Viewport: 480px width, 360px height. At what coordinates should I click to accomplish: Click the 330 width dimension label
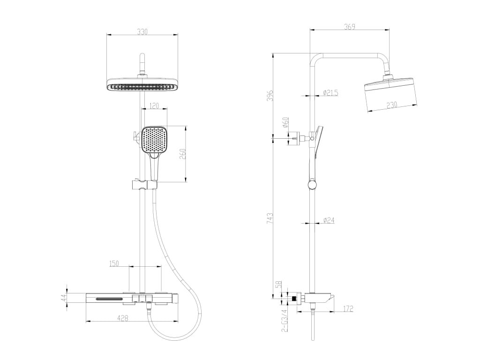(x=142, y=31)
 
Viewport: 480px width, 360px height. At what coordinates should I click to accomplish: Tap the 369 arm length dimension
(x=349, y=27)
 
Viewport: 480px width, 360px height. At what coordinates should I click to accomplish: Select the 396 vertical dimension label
(x=270, y=96)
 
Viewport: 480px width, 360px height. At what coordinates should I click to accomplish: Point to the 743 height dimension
(x=270, y=218)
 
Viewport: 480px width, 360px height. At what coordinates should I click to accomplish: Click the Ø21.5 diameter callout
(x=330, y=92)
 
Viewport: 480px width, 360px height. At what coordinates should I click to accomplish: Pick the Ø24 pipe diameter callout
(x=329, y=220)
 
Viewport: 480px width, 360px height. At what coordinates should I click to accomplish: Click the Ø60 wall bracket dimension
(x=285, y=122)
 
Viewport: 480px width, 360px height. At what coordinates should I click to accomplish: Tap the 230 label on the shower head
(x=391, y=105)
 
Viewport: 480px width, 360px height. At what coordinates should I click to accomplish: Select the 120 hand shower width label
(x=154, y=105)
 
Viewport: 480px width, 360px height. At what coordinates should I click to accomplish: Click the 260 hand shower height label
(x=182, y=154)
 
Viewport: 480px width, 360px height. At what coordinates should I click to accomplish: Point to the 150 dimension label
(x=114, y=263)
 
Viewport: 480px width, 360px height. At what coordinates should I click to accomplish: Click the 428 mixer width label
(x=122, y=318)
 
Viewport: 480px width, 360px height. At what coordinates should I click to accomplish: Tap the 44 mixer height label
(x=63, y=297)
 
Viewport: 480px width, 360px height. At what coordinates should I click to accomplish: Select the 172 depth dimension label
(x=347, y=308)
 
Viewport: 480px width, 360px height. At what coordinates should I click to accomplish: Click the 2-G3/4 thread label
(x=285, y=321)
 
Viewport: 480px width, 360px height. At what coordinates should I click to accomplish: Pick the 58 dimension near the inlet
(x=278, y=285)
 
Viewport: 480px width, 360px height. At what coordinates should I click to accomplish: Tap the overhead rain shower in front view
(x=142, y=85)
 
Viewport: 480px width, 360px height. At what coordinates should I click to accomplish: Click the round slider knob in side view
(x=312, y=185)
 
